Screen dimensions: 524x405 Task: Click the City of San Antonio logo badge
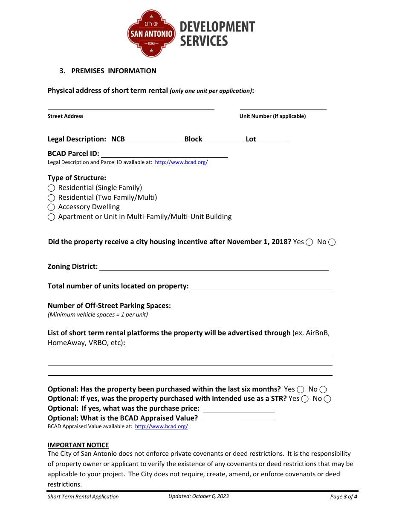coord(151,34)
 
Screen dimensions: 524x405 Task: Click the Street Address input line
coord(130,106)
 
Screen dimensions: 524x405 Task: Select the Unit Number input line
coord(283,106)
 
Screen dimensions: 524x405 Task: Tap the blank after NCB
coord(153,139)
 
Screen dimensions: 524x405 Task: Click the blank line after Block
coord(224,139)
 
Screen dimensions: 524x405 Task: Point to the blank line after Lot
coord(274,139)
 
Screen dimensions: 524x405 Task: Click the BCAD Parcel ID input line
coord(164,154)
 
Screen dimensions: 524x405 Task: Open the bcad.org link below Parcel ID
coord(181,162)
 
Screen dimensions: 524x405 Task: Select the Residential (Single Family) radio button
coord(51,188)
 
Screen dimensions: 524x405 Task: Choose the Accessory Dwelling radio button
coord(51,207)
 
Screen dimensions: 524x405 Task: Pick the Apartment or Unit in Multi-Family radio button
coord(51,217)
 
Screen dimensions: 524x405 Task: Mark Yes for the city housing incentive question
coord(310,242)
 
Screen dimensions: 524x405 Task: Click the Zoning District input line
coord(214,267)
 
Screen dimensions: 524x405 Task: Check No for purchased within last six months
coord(323,389)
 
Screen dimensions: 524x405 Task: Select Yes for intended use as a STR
coord(305,399)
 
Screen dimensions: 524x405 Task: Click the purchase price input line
coord(239,409)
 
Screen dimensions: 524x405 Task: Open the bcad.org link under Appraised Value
coord(162,426)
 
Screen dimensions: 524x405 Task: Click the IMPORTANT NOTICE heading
coord(78,445)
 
